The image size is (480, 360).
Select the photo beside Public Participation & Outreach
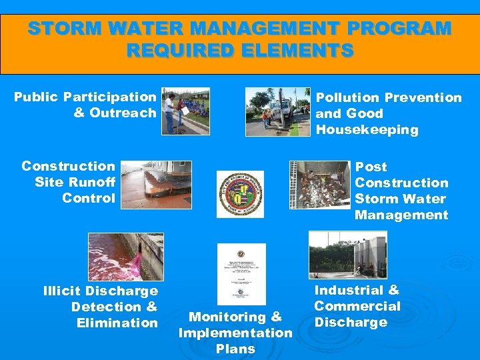(186, 111)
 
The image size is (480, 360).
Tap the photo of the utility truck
(278, 111)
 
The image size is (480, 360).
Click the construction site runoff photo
(156, 185)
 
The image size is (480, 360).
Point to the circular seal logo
(240, 194)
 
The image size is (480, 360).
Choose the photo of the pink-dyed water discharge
(125, 257)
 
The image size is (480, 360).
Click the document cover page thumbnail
(241, 274)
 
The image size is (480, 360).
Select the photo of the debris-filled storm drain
(319, 185)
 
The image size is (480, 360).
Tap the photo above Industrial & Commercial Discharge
(347, 255)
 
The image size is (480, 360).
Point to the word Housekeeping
(367, 130)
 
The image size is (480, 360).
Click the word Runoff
(89, 182)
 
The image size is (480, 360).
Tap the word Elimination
(117, 323)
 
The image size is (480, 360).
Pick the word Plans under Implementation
(235, 349)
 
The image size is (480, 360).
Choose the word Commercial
(357, 306)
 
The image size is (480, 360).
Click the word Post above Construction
(371, 167)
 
